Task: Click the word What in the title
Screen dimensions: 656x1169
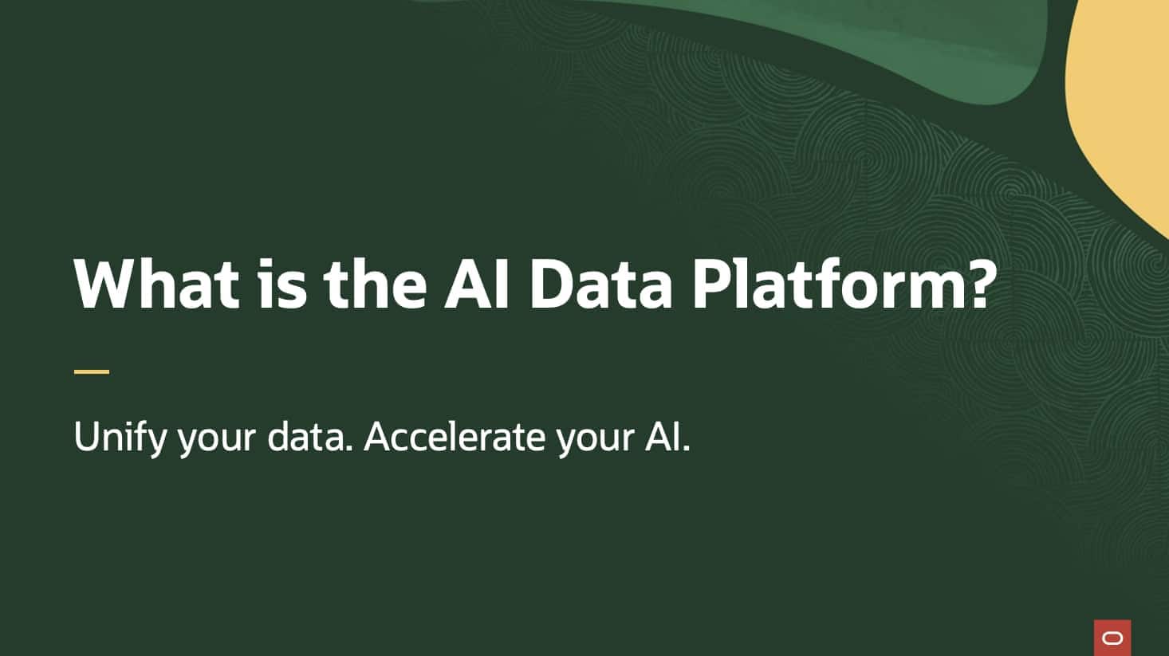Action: (x=156, y=283)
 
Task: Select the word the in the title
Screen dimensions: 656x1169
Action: (x=375, y=283)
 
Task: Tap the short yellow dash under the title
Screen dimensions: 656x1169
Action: (x=92, y=371)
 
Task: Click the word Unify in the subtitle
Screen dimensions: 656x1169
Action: (x=120, y=437)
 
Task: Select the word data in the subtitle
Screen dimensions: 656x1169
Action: (x=309, y=437)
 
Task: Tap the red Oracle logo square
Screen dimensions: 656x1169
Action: (x=1112, y=638)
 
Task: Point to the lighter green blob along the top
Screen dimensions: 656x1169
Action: (x=797, y=32)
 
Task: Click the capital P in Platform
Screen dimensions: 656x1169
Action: (x=708, y=283)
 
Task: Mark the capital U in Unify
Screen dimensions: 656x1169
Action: (x=85, y=437)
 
